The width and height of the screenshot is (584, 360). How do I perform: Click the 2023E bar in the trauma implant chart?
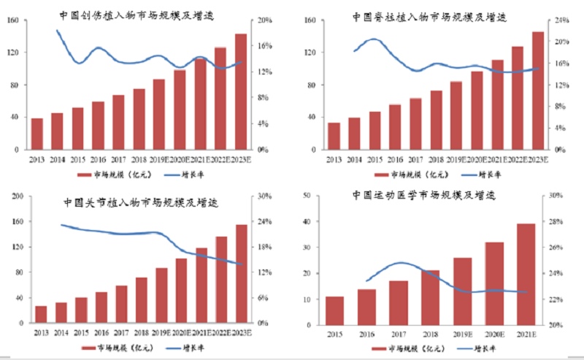[240, 91]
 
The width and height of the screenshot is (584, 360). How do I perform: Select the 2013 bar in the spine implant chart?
[334, 136]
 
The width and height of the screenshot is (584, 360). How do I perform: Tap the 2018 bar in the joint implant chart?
[142, 300]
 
